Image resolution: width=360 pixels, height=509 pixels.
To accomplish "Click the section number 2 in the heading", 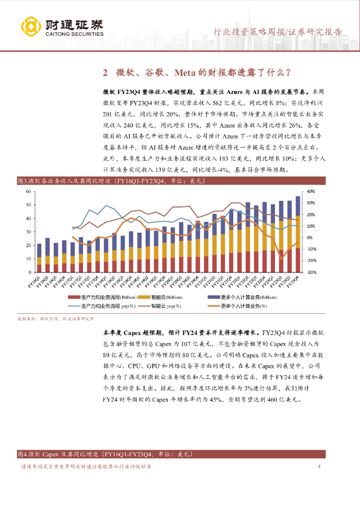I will point(105,73).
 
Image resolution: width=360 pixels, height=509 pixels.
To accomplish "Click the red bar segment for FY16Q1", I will point(39,268).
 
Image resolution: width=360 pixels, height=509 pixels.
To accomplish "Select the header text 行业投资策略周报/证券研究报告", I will point(277,32).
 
